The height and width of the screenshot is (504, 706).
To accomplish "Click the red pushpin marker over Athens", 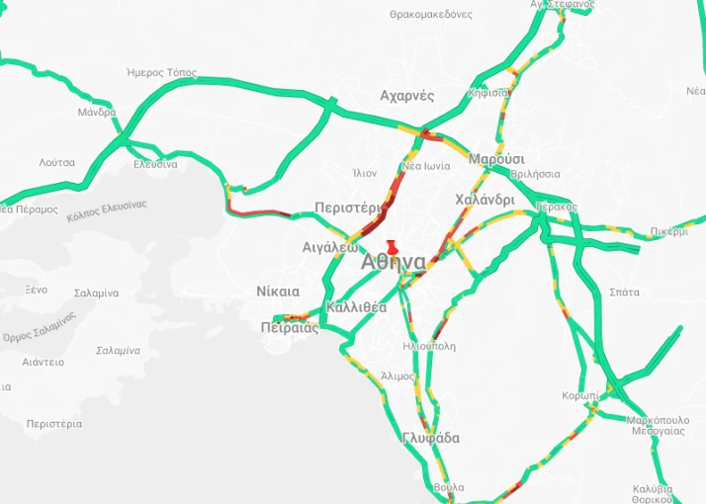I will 393,247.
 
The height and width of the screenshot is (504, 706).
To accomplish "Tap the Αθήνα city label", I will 394,263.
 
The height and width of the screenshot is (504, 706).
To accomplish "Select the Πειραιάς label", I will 290,328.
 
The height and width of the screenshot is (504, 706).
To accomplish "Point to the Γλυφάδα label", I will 431,439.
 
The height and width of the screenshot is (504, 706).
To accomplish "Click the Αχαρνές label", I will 407,96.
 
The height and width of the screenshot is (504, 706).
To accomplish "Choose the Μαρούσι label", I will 496,159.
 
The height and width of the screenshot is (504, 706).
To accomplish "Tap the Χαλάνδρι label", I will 485,200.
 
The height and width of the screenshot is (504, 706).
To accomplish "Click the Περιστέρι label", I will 347,208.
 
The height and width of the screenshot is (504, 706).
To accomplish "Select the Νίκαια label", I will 277,292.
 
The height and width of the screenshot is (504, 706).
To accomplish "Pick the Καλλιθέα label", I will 356,307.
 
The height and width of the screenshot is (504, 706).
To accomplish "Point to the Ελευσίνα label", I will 155,164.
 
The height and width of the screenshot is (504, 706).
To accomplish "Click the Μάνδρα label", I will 97,113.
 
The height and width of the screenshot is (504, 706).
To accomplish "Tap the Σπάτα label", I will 625,293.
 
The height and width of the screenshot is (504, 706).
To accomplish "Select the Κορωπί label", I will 579,395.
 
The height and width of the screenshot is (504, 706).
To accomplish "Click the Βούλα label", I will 448,488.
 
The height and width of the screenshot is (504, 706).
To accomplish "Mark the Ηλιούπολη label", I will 430,347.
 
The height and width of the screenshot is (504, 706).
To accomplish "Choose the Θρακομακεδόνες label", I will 431,15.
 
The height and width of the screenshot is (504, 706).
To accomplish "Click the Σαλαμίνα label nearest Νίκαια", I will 96,294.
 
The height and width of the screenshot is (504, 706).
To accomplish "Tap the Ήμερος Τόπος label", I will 162,73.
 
